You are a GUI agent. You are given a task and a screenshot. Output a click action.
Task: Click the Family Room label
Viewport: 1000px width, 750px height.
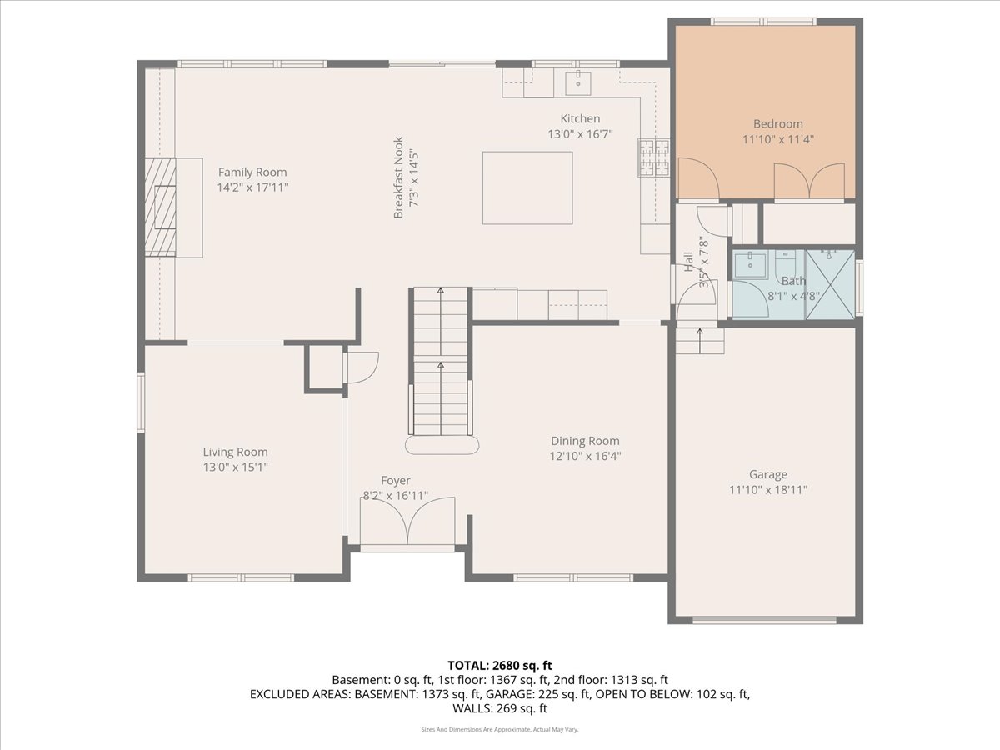(x=252, y=172)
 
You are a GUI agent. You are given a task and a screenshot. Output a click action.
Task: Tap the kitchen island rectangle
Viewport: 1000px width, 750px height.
(x=527, y=188)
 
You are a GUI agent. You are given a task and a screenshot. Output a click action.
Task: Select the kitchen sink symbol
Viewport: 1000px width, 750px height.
(x=578, y=84)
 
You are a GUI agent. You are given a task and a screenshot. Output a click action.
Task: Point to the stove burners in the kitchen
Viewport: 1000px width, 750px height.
(x=654, y=157)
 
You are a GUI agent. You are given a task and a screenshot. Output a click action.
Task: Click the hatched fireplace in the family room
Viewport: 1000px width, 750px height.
(x=160, y=207)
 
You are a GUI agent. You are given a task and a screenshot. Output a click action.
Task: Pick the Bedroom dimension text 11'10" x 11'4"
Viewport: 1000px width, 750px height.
(x=778, y=139)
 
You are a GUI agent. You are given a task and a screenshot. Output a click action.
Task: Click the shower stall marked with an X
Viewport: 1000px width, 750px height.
(x=830, y=284)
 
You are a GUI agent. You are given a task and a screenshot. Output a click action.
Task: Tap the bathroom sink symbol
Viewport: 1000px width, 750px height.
(x=750, y=264)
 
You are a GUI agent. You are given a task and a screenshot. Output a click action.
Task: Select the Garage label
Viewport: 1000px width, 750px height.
(x=768, y=474)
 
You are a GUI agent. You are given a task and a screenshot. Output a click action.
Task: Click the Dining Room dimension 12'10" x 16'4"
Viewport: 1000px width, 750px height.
(x=586, y=456)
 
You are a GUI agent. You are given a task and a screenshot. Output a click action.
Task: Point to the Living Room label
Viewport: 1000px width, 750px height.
(x=235, y=452)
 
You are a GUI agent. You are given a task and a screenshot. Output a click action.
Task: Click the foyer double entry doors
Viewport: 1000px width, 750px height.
(x=407, y=522)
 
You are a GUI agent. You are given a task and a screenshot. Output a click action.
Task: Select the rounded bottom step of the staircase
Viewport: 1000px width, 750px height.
(x=442, y=445)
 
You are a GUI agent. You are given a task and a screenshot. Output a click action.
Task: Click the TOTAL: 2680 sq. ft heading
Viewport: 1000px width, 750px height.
(x=500, y=666)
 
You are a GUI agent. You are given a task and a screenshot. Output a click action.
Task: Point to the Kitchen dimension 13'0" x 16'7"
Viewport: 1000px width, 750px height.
(x=580, y=134)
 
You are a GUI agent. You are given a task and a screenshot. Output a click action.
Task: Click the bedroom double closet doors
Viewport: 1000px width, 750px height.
(x=809, y=181)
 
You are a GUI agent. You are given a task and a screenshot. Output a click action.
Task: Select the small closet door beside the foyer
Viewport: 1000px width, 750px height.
(x=362, y=367)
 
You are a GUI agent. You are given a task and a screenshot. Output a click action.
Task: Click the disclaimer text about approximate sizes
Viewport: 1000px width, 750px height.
(x=500, y=729)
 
